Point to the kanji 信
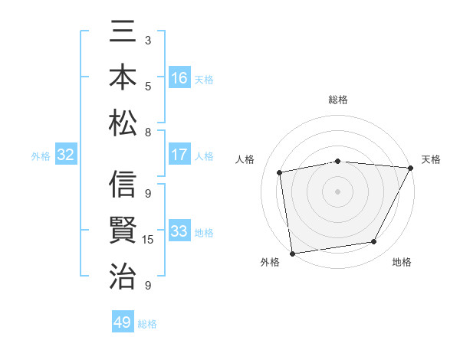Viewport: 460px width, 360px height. [123, 186]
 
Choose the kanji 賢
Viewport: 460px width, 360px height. [123, 231]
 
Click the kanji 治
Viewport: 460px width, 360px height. [123, 275]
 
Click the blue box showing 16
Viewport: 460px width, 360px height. [179, 78]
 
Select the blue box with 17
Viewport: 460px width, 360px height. [179, 155]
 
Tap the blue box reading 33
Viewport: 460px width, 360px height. [179, 232]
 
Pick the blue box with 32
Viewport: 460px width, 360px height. [66, 155]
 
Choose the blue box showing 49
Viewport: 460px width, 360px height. [123, 322]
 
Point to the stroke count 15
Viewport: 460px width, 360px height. [148, 240]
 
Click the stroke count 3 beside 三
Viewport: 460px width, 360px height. [148, 40]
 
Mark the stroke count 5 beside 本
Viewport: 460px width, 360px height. [148, 85]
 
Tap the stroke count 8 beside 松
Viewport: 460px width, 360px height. [148, 132]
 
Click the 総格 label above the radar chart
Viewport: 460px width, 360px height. [338, 100]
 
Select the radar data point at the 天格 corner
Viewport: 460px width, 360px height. [411, 168]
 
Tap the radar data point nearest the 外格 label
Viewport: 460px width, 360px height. [292, 253]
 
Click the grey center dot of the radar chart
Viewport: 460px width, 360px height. [338, 191]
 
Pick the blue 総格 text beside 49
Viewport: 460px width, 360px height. [147, 323]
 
